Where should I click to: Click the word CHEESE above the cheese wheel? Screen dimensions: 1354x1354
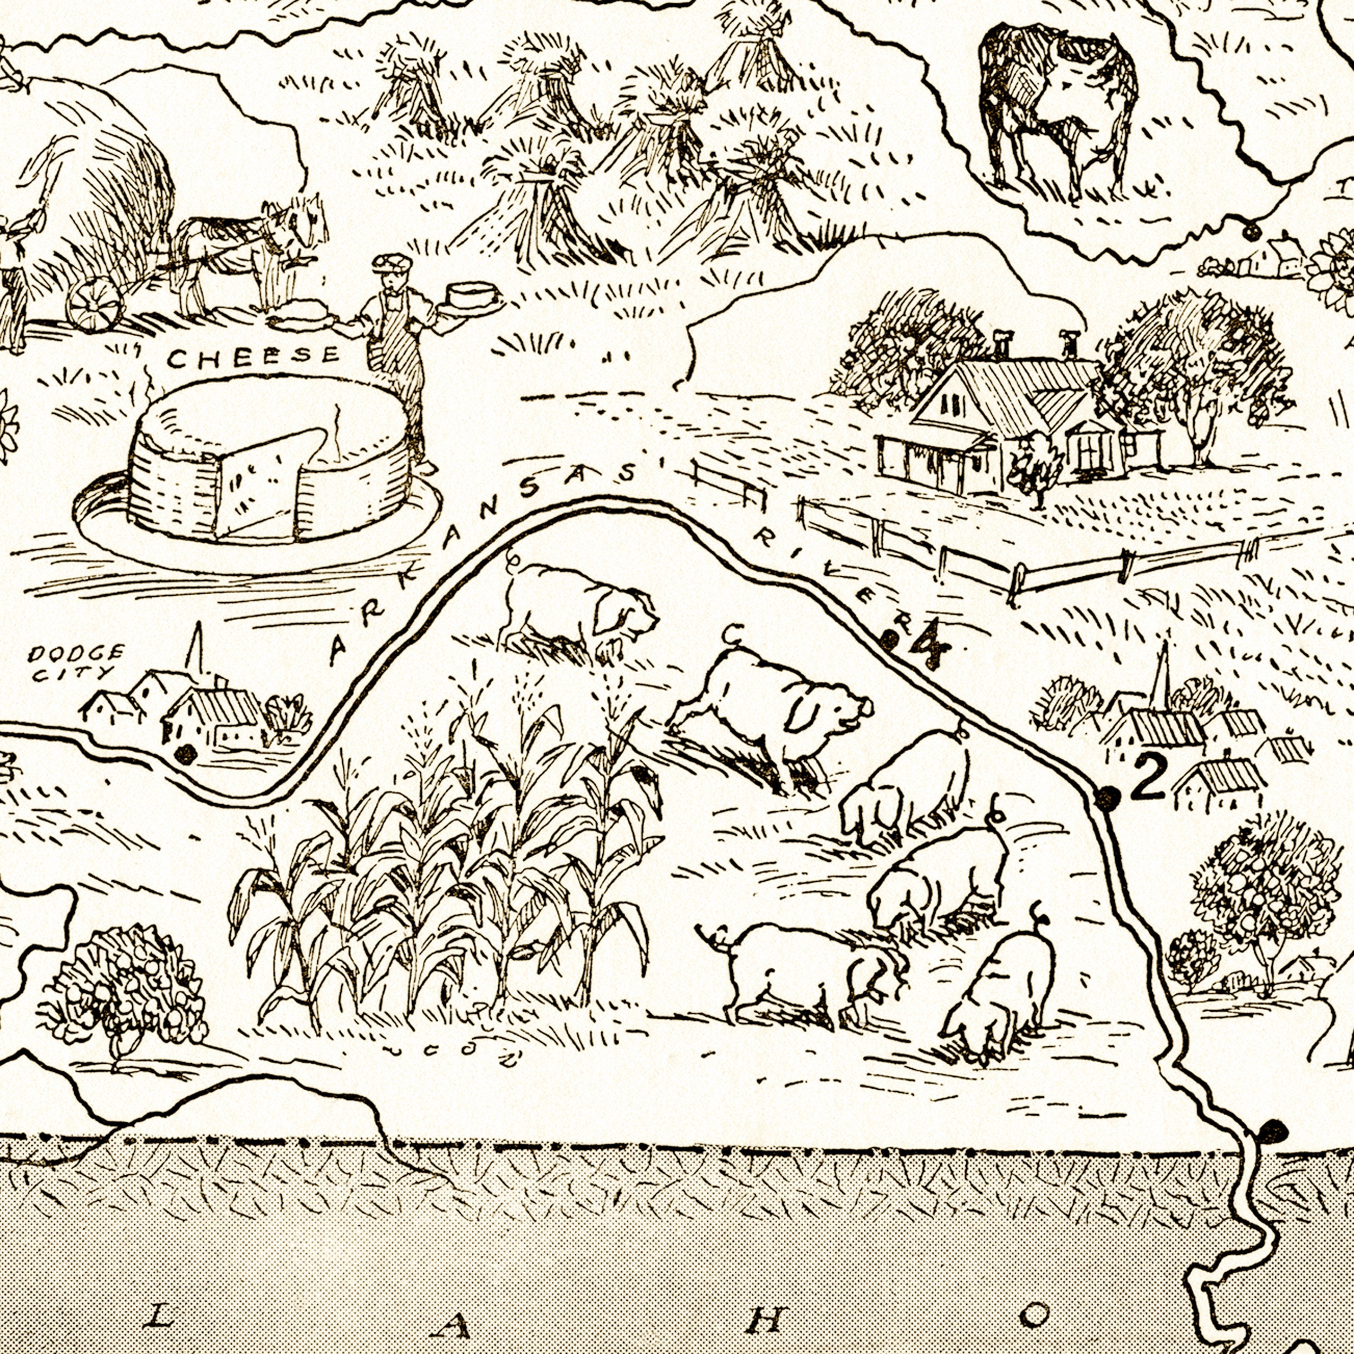(x=252, y=357)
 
